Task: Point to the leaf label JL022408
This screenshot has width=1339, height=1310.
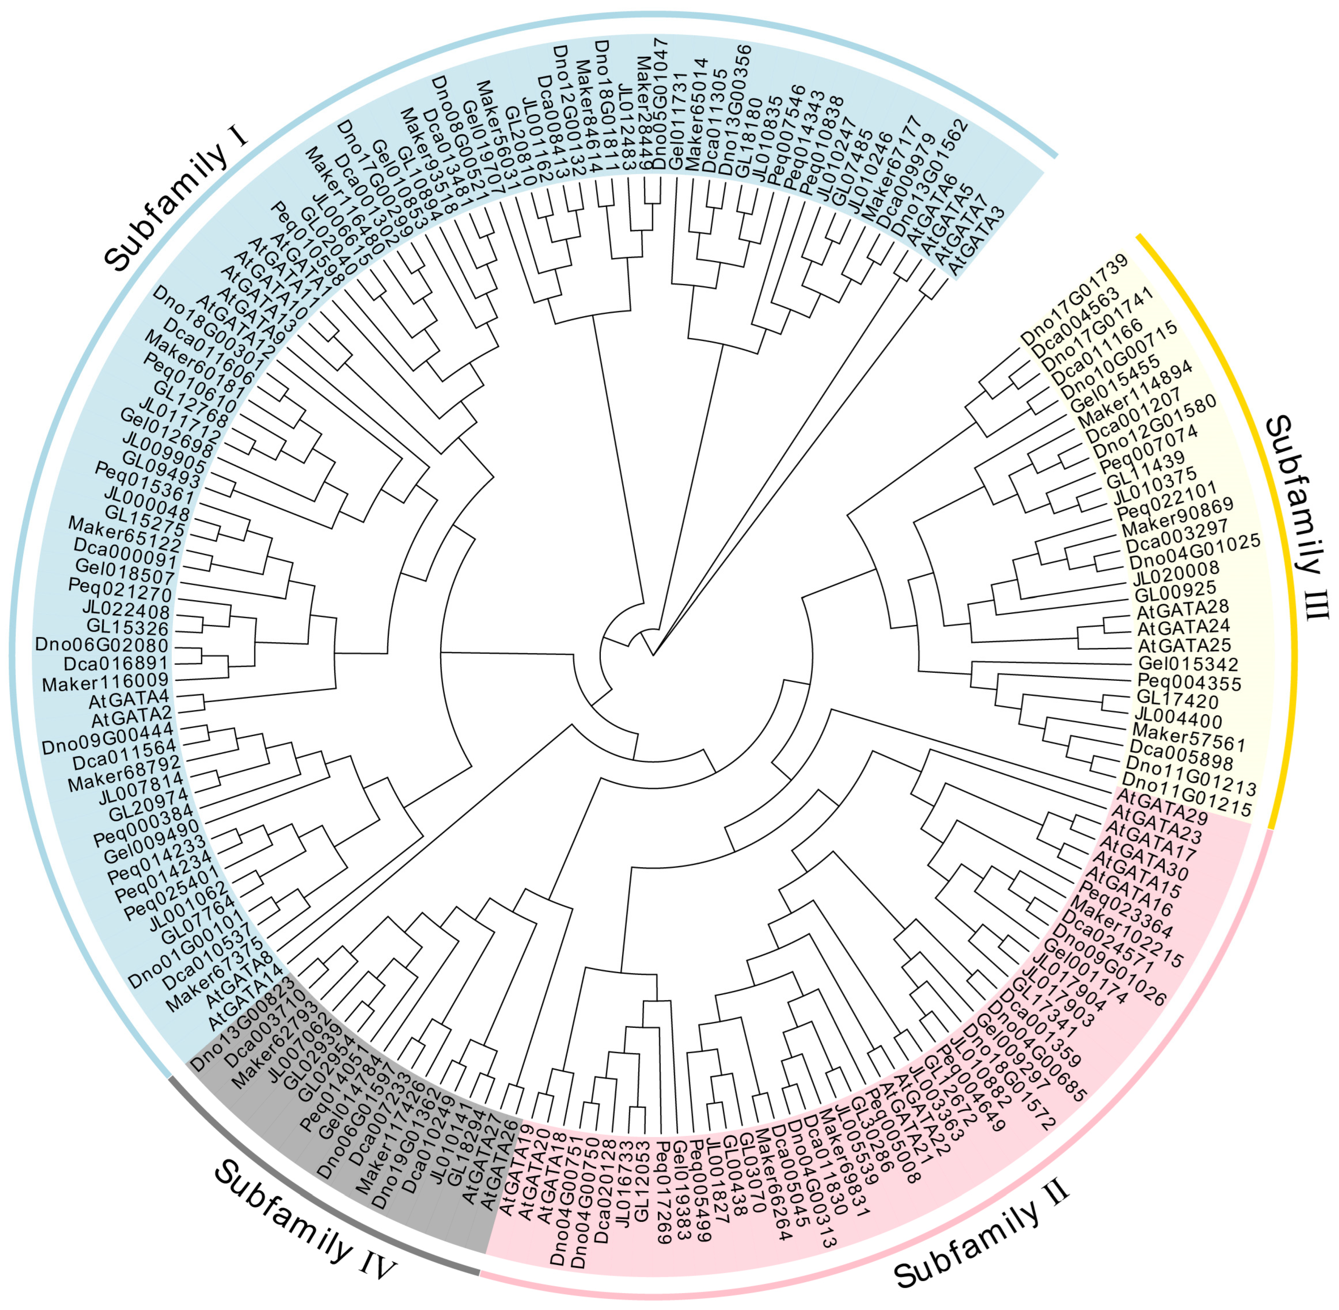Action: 126,609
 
